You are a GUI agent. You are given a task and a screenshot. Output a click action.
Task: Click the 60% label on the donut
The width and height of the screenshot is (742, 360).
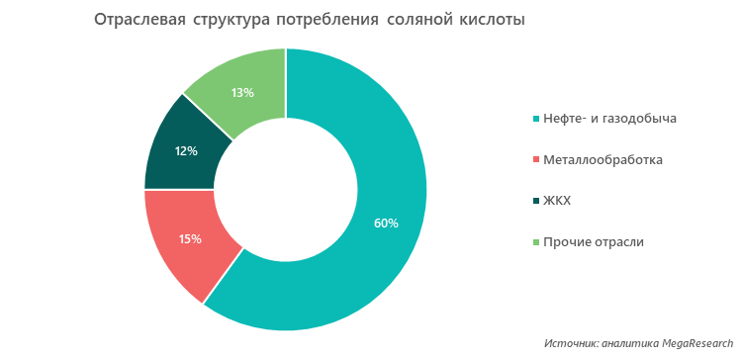click(386, 223)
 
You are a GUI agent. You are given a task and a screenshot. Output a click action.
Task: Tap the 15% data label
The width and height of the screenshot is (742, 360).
click(190, 238)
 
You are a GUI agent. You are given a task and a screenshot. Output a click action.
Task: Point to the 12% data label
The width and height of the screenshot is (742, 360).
click(186, 151)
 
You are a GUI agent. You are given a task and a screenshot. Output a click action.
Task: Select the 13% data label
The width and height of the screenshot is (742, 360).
click(242, 92)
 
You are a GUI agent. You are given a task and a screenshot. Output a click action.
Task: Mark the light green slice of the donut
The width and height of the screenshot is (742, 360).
click(247, 74)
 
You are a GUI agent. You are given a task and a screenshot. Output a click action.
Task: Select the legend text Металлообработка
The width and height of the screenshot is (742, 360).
click(603, 159)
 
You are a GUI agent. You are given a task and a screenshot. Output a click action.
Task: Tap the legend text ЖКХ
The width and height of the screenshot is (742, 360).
click(557, 201)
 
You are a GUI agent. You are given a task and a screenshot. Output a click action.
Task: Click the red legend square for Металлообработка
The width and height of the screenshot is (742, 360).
click(536, 160)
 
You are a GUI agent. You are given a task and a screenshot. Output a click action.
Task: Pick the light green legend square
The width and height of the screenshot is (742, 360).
click(536, 242)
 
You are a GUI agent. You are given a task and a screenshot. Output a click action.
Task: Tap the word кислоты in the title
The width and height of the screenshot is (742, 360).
click(491, 20)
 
